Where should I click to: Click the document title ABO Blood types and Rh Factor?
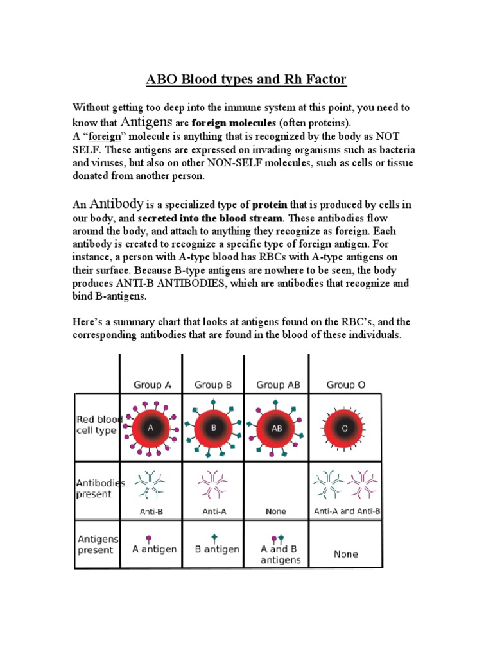point(246,80)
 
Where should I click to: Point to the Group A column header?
point(152,385)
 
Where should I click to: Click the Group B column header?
point(213,385)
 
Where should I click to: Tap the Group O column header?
point(345,385)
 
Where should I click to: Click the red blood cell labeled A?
point(151,428)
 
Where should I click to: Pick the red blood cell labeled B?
point(213,428)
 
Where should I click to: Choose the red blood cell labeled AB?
point(277,428)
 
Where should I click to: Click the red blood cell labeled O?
point(344,428)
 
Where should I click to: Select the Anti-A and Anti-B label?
point(347,511)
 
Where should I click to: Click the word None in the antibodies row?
point(275,511)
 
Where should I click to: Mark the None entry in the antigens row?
point(346,554)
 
